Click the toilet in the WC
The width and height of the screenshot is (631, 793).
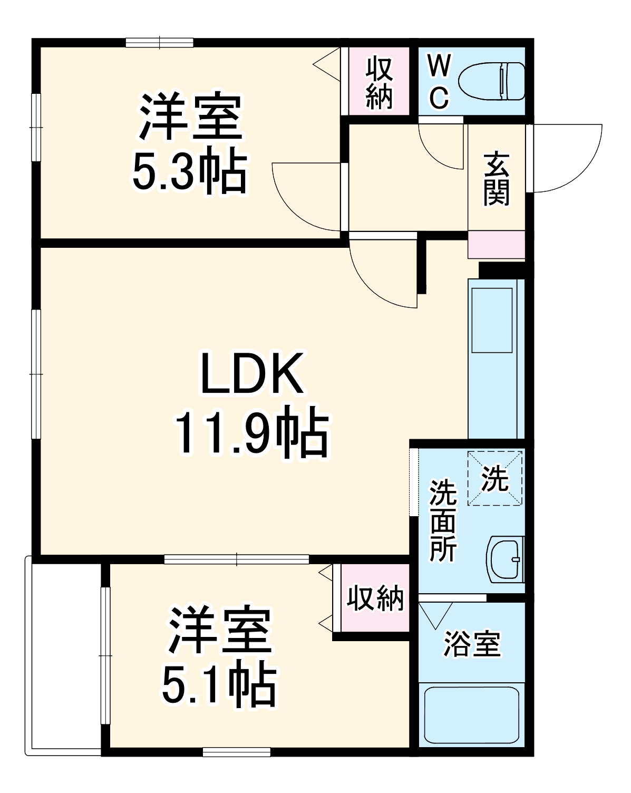click(x=492, y=82)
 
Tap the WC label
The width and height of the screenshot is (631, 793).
click(x=439, y=82)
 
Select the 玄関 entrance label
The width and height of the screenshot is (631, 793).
click(x=497, y=178)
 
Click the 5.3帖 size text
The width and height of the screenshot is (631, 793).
click(x=189, y=173)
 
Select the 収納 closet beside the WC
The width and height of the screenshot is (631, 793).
click(x=378, y=82)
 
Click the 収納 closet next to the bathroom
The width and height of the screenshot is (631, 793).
click(x=375, y=598)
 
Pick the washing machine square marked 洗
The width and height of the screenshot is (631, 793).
click(x=495, y=479)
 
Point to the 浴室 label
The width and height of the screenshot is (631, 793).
click(x=471, y=643)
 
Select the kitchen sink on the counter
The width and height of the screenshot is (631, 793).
click(x=492, y=320)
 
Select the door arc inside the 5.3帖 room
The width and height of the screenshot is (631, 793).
click(x=306, y=195)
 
